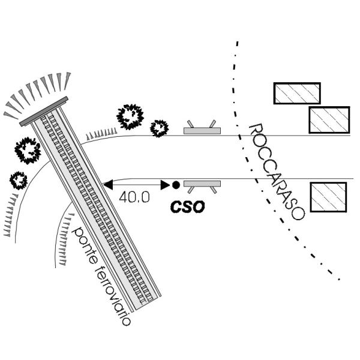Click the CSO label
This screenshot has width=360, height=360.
pyautogui.click(x=187, y=206)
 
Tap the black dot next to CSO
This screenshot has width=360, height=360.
pyautogui.click(x=176, y=185)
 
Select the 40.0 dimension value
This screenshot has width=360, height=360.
pyautogui.click(x=134, y=197)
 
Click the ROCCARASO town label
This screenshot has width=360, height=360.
pyautogui.click(x=277, y=172)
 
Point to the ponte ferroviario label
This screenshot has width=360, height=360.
pyautogui.click(x=101, y=276)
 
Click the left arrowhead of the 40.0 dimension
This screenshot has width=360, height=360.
pyautogui.click(x=108, y=185)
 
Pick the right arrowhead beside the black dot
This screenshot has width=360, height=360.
pyautogui.click(x=165, y=185)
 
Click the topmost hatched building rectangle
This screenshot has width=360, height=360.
pyautogui.click(x=297, y=93)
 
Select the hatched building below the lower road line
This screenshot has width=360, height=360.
pyautogui.click(x=328, y=197)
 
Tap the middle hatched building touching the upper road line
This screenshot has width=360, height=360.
pyautogui.click(x=329, y=120)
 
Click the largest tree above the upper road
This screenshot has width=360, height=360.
pyautogui.click(x=130, y=116)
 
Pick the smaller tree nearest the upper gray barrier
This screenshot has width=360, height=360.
pyautogui.click(x=159, y=128)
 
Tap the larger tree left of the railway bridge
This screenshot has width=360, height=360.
pyautogui.click(x=28, y=151)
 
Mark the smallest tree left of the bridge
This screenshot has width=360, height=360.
pyautogui.click(x=19, y=181)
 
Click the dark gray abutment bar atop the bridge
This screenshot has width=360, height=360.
pyautogui.click(x=44, y=112)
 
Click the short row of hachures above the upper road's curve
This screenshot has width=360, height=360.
pyautogui.click(x=101, y=134)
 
